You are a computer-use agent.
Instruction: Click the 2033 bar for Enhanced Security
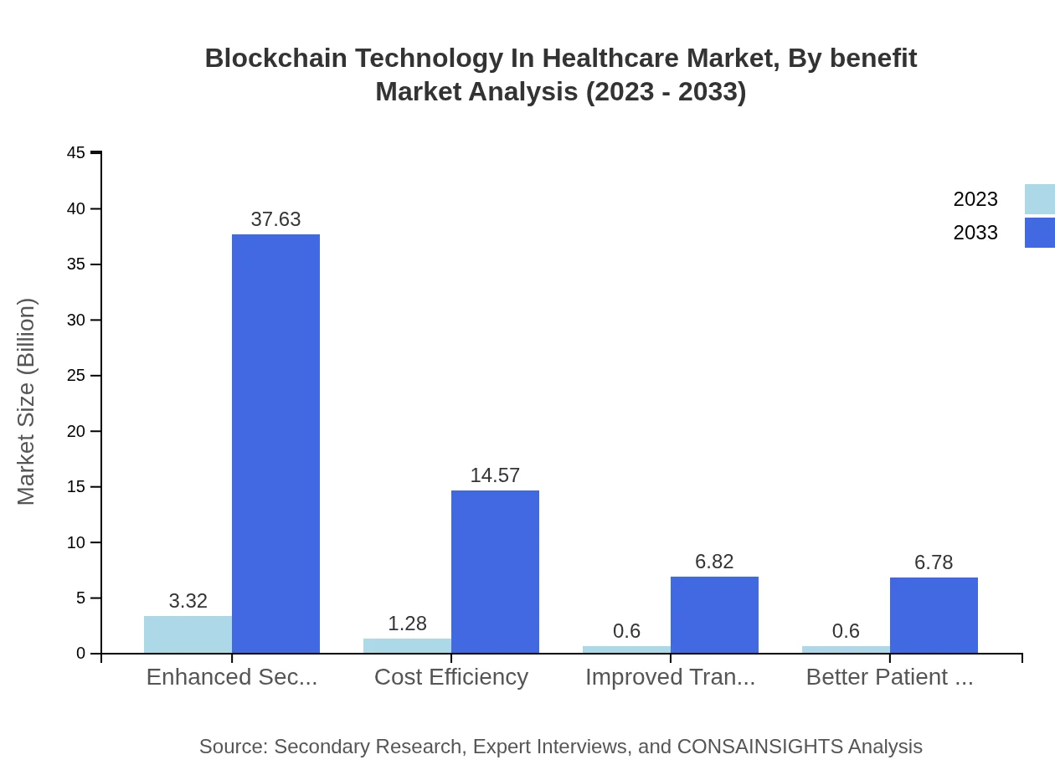coord(275,444)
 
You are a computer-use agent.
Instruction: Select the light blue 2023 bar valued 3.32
coord(188,634)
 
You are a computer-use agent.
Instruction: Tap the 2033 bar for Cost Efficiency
coord(495,572)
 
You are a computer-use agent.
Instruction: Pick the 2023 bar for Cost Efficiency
coord(407,645)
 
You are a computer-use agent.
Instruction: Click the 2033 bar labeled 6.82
coord(714,614)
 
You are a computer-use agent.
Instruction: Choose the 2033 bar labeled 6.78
coord(934,615)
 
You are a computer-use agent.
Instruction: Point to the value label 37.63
coord(275,219)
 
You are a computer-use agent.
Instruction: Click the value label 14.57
coord(495,475)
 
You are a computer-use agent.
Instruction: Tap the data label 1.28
coord(407,624)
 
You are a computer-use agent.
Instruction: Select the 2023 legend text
coord(975,199)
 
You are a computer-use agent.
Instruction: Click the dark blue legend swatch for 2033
coord(1039,233)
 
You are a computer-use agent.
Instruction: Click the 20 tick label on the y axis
coord(76,431)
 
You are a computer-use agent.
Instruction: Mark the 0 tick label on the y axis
coord(81,654)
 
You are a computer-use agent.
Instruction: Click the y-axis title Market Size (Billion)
coord(27,402)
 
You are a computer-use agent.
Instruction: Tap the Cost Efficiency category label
coord(451,677)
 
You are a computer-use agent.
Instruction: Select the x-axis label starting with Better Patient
coord(889,677)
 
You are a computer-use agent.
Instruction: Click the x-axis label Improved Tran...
coord(670,677)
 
